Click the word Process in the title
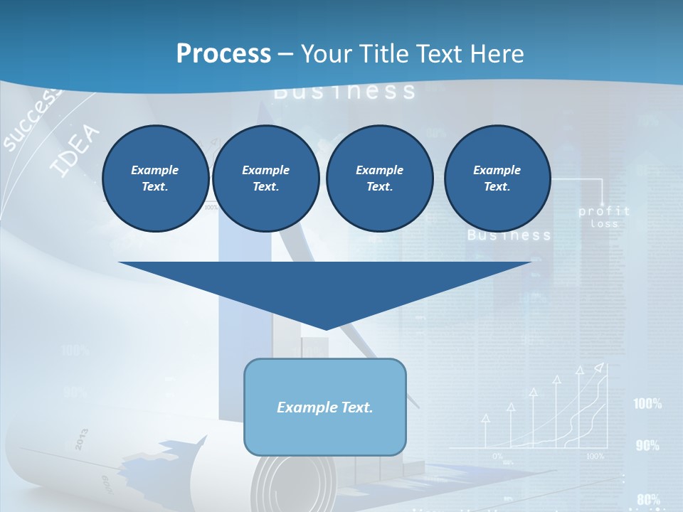223,54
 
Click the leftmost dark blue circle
155,178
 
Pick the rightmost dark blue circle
497,178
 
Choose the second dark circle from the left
265,178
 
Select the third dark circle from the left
379,178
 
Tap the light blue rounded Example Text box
325,407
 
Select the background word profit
604,211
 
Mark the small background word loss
605,224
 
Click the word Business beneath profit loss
509,235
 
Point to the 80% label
648,500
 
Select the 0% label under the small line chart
498,456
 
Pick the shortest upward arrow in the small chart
486,430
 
